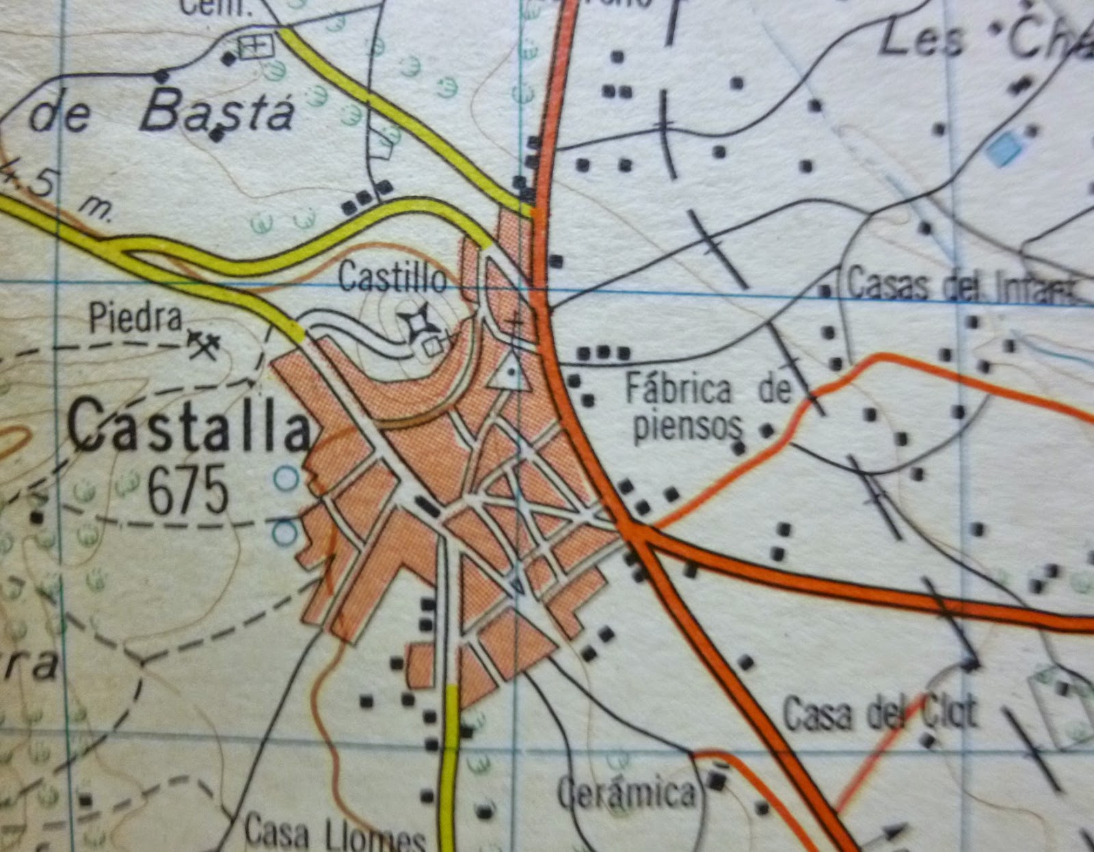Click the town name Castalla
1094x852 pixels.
[188, 427]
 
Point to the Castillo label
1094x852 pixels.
[393, 278]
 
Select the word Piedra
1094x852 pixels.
[136, 319]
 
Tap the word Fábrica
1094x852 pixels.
[678, 390]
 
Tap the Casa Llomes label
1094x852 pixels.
[335, 833]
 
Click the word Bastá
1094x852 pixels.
[217, 111]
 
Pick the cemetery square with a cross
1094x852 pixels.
[256, 46]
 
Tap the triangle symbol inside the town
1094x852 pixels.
[509, 373]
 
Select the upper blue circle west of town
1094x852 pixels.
[286, 478]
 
